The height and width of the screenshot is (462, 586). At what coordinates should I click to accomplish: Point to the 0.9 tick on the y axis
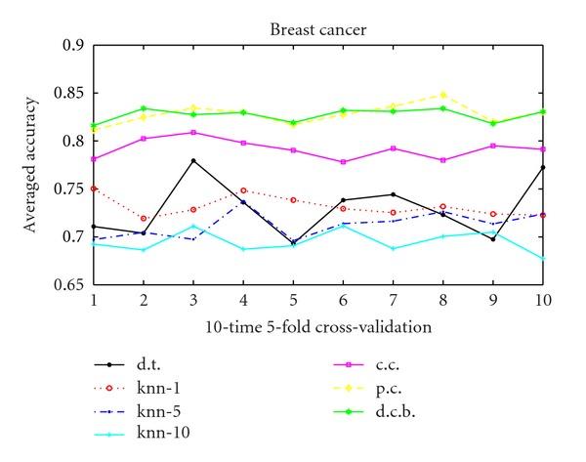[73, 45]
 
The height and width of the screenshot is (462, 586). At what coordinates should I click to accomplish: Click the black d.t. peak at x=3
[193, 160]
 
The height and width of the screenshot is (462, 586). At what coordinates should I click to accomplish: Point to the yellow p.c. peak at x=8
[442, 95]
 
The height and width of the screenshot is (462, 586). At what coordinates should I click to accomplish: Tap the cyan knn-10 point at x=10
[542, 259]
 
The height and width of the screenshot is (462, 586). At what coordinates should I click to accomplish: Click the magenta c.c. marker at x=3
[193, 132]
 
